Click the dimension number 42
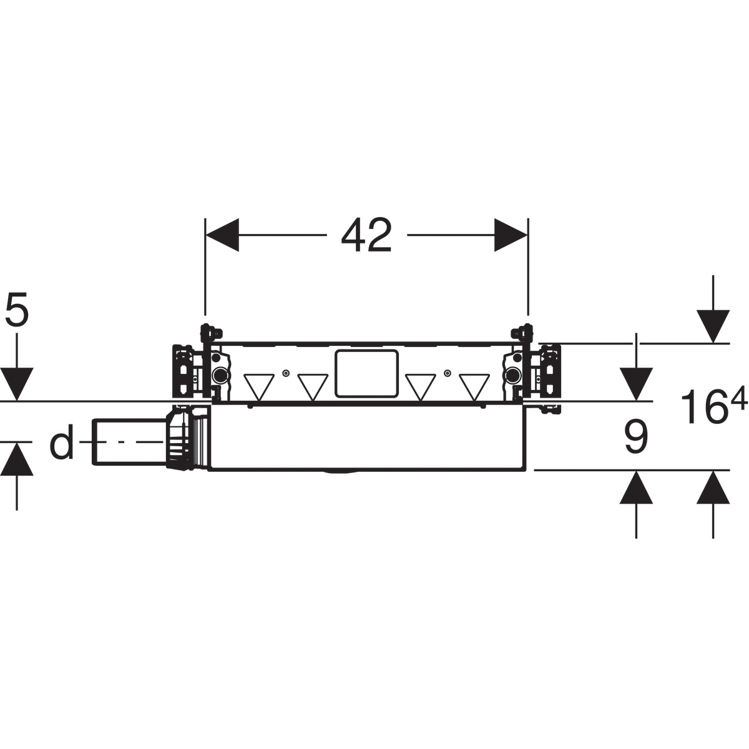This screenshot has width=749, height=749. tap(366, 235)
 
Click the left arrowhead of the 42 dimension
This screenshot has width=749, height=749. tap(222, 235)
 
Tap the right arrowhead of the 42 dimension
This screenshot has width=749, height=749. tap(511, 235)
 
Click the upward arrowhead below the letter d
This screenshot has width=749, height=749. tap(17, 459)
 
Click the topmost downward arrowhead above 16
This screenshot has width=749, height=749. tap(713, 326)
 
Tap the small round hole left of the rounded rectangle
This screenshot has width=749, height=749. tap(286, 373)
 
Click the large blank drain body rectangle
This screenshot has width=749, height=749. tap(366, 437)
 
